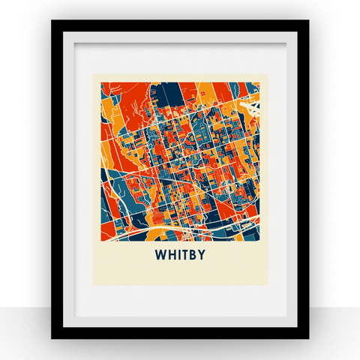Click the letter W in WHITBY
click(160, 255)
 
